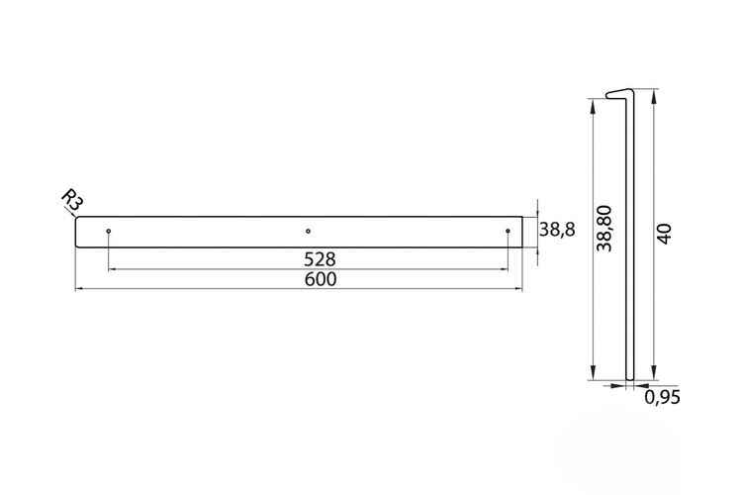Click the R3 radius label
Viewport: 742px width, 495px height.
click(x=72, y=201)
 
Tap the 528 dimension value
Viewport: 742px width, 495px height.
click(x=320, y=259)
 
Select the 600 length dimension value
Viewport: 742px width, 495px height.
click(x=321, y=279)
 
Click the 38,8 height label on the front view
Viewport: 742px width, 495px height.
click(x=557, y=230)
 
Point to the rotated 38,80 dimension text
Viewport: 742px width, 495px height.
click(x=604, y=229)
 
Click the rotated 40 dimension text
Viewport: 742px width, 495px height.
click(x=665, y=234)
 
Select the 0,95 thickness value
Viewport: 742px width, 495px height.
click(x=663, y=397)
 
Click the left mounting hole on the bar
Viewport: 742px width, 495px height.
click(x=109, y=231)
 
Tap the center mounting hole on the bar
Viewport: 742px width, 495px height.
click(x=308, y=231)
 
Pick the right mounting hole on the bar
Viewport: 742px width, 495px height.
click(x=509, y=231)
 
